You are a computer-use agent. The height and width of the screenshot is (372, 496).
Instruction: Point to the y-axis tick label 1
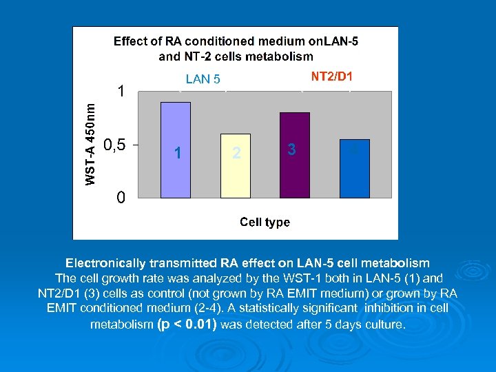click(x=121, y=91)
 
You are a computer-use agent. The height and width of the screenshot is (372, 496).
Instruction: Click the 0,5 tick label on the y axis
click(x=114, y=145)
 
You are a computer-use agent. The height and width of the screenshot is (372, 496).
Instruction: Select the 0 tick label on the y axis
click(x=121, y=198)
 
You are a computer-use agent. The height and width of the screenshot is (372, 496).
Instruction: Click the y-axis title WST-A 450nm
click(x=90, y=140)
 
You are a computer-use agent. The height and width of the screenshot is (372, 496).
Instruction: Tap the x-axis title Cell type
click(x=265, y=222)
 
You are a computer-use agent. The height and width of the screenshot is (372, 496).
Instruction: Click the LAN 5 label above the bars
click(x=203, y=79)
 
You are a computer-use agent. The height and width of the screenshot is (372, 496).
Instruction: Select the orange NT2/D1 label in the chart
click(x=331, y=76)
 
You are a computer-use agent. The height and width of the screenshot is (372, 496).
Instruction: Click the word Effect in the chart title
click(x=131, y=41)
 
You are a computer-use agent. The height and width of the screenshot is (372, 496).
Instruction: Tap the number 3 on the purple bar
click(x=292, y=149)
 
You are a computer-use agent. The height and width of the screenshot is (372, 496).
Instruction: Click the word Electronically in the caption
click(x=106, y=263)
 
